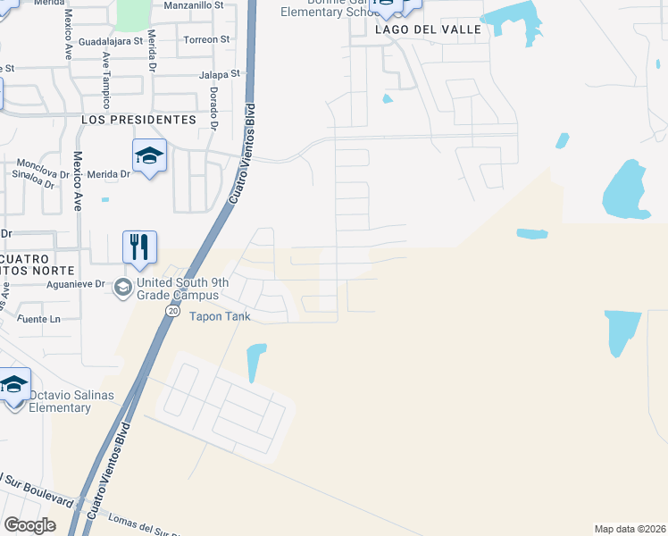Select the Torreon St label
pyautogui.click(x=205, y=40)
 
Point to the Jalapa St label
pyautogui.click(x=221, y=75)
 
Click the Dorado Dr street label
pyautogui.click(x=213, y=108)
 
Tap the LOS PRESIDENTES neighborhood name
pyautogui.click(x=138, y=119)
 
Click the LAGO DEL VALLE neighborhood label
pyautogui.click(x=428, y=29)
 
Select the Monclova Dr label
pyautogui.click(x=44, y=164)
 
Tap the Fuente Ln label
pyautogui.click(x=38, y=319)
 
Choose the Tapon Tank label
pyautogui.click(x=220, y=316)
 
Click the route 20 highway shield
pyautogui.click(x=170, y=310)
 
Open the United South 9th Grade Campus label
pyautogui.click(x=177, y=289)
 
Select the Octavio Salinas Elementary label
pyautogui.click(x=60, y=401)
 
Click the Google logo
pyautogui.click(x=29, y=524)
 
